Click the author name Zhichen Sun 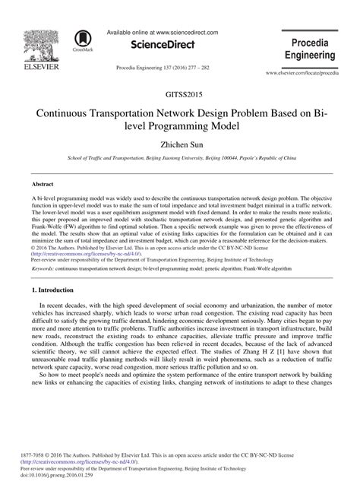pos(179,142)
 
